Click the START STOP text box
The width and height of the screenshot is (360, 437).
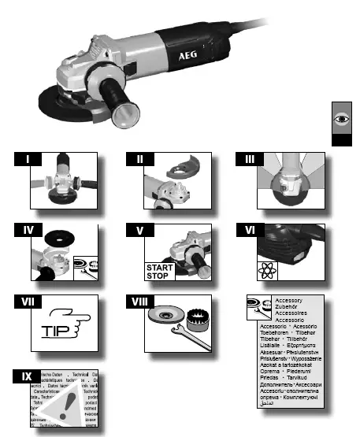tap(155, 272)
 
